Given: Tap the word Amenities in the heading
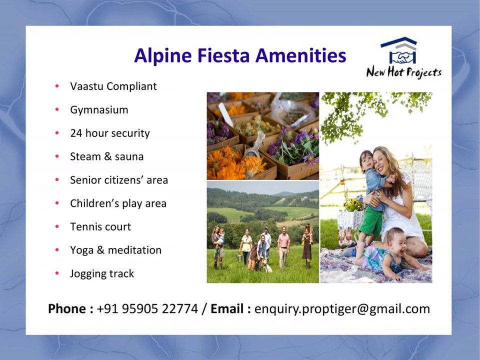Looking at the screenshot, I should [x=300, y=55].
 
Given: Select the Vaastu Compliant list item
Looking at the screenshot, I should [x=113, y=86].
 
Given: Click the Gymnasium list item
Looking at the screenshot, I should [x=99, y=110].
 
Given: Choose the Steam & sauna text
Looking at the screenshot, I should [x=106, y=156].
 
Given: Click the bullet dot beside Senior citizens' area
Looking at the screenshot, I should [x=58, y=180].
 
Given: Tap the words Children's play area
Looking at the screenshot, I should [x=118, y=203].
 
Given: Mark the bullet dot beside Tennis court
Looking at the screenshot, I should [x=58, y=227].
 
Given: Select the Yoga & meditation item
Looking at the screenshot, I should [x=115, y=250].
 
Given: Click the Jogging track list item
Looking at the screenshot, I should [x=102, y=273].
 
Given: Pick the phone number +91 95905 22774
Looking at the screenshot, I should [x=147, y=309].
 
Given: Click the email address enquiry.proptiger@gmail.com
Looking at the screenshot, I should [x=342, y=309].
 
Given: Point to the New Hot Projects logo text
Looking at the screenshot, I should [x=404, y=72].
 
